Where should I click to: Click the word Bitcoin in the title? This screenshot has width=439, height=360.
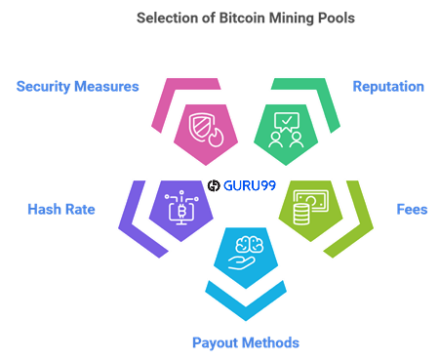coord(220,18)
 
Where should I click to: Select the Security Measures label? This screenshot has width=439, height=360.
coord(78,86)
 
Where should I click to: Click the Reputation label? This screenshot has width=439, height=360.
coord(388,86)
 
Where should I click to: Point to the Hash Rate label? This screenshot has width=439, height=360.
coord(61,209)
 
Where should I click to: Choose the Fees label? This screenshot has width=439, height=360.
coord(409,209)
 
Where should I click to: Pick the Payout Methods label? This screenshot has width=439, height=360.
coord(245,342)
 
